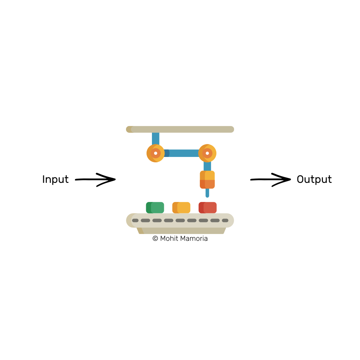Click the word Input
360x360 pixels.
(x=55, y=179)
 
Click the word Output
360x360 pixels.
(x=314, y=179)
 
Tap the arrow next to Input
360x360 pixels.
(x=95, y=179)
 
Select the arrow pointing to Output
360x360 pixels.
(x=271, y=179)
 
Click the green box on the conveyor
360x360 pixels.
(x=155, y=208)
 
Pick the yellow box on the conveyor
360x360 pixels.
(x=181, y=208)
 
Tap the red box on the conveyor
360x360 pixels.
(x=208, y=208)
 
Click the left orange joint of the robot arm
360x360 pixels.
(x=156, y=153)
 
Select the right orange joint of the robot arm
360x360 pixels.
(x=207, y=153)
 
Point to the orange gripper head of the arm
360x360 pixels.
(x=207, y=180)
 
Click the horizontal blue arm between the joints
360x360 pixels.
(x=182, y=153)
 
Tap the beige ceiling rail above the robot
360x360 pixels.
(x=180, y=129)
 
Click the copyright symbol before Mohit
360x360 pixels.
(x=155, y=238)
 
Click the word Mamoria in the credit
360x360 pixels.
(x=195, y=238)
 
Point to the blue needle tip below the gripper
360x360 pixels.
(x=207, y=193)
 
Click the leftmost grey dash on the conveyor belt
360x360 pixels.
(x=135, y=220)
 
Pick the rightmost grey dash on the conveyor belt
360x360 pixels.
(x=225, y=220)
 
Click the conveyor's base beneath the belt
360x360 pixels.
(x=181, y=230)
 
